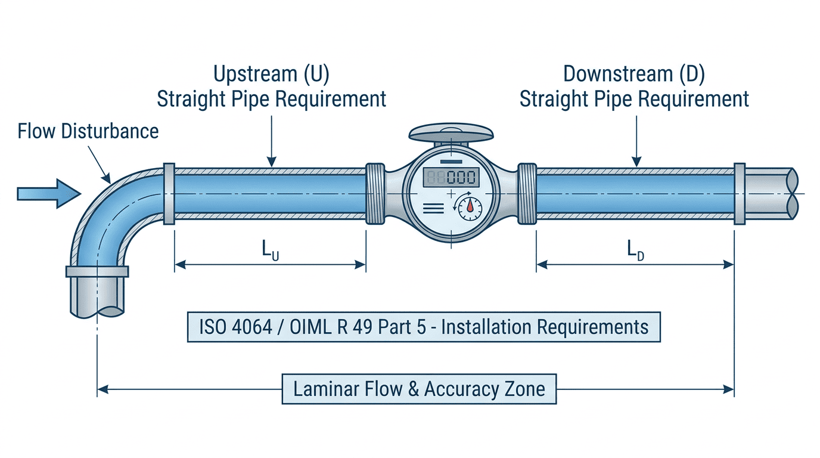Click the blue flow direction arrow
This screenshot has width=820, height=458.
pos(49,193)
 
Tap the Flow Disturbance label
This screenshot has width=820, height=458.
pos(88,131)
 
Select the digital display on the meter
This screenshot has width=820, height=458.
pos(451,177)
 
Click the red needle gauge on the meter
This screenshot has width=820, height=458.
pos(470,209)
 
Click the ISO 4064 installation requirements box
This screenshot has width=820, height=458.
pos(424,327)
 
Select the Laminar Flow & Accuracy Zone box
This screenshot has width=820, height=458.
pos(419,389)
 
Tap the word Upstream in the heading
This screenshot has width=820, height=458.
pos(256,75)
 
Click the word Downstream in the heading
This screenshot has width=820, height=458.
pos(618,75)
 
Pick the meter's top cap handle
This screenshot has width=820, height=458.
pos(451,133)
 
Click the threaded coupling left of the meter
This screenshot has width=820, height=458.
pos(375,193)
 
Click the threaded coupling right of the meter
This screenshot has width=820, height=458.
pos(527,193)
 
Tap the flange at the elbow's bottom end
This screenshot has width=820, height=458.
pos(97,271)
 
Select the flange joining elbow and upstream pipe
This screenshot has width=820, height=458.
pos(169,193)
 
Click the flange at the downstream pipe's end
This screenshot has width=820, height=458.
pos(740,193)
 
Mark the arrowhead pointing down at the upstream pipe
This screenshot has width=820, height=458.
pos(271,162)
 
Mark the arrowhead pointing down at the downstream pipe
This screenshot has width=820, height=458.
pos(636,162)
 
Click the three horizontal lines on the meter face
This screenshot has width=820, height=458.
pos(433,209)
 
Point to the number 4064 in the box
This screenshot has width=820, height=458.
pos(252,327)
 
